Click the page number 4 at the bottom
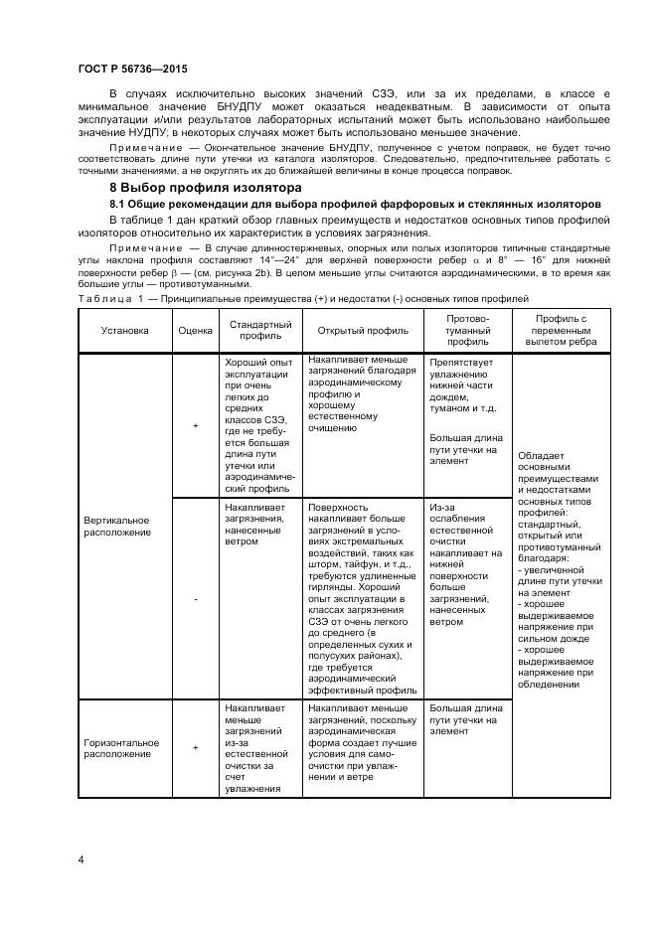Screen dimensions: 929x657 (81, 858)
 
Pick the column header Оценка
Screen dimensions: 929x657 (195, 331)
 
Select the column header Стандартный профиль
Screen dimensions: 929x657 (259, 331)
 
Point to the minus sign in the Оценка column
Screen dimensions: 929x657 (195, 599)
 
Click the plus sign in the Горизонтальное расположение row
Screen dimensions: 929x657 (195, 747)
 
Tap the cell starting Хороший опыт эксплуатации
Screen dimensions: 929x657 (259, 425)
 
